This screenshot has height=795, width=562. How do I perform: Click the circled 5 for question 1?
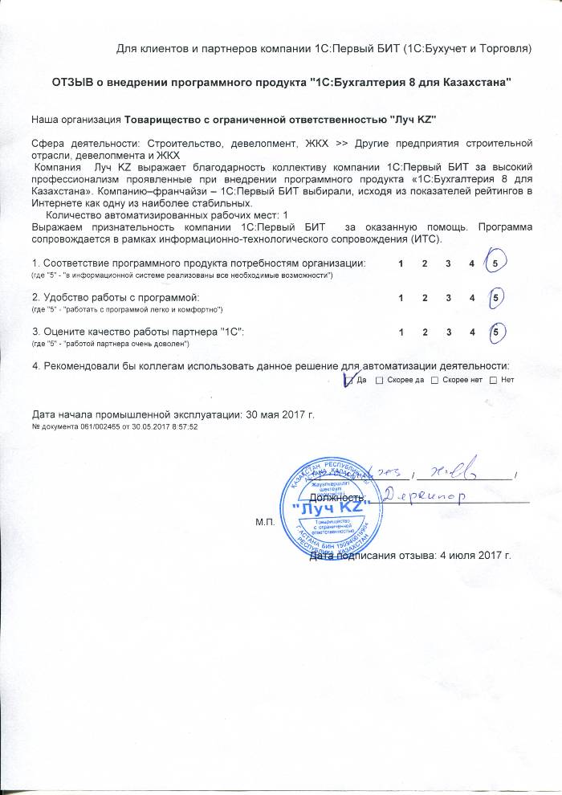pyautogui.click(x=498, y=263)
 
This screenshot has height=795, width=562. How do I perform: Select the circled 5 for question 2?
pyautogui.click(x=498, y=298)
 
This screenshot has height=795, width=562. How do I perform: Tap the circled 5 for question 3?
pyautogui.click(x=498, y=332)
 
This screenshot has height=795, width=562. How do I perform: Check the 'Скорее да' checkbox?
pyautogui.click(x=379, y=380)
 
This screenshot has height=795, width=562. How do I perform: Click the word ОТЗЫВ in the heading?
pyautogui.click(x=74, y=83)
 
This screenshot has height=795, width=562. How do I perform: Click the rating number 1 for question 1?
pyautogui.click(x=400, y=263)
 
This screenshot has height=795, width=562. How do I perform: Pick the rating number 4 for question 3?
pyautogui.click(x=472, y=332)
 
